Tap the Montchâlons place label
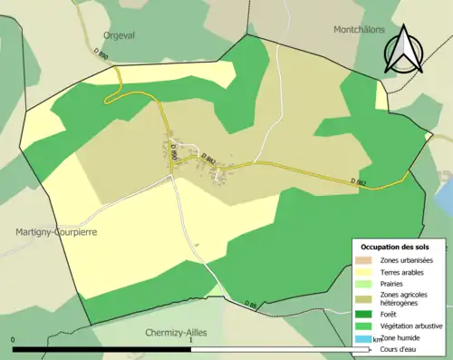(358, 30)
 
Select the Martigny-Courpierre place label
(55, 232)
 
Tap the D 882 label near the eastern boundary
(358, 181)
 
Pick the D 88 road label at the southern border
(252, 304)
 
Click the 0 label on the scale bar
(14, 340)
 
